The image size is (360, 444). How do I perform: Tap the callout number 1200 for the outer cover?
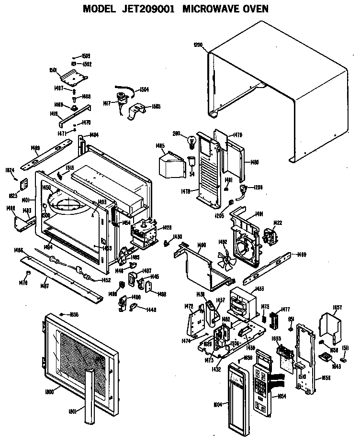(x=198, y=45)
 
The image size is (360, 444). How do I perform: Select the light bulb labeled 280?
(x=191, y=141)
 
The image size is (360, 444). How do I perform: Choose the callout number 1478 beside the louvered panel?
(x=186, y=191)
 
